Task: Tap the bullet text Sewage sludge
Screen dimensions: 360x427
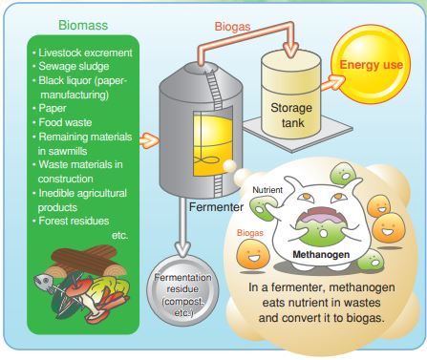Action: (72, 67)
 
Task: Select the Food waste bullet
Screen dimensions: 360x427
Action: (65, 121)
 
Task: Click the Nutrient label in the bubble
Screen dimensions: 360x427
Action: (267, 191)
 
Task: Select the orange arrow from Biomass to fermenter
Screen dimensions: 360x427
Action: (147, 140)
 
